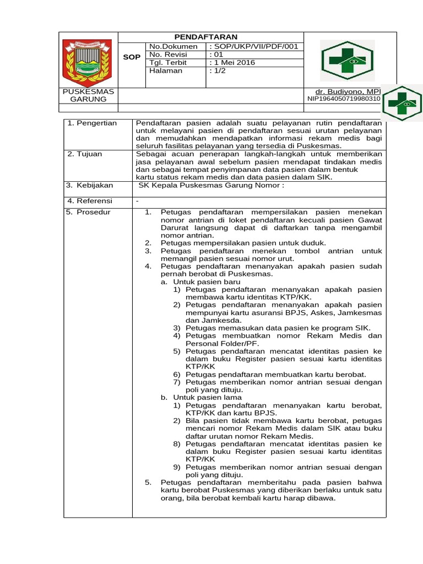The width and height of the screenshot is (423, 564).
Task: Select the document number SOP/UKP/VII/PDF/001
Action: [253, 47]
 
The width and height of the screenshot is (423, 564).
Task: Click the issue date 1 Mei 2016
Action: [232, 63]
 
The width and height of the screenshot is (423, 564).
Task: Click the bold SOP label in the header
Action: [132, 57]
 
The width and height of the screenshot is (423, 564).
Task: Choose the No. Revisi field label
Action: [169, 55]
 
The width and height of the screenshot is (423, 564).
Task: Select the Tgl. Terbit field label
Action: [168, 63]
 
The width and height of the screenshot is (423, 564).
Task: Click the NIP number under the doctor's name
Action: [343, 99]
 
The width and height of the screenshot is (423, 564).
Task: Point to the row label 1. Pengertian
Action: [92, 123]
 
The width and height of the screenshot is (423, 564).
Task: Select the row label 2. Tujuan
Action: [85, 154]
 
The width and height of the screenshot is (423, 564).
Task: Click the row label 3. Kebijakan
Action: [89, 186]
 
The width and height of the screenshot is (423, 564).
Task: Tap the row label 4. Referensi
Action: [89, 201]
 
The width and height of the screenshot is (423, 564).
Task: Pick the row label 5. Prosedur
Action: [88, 212]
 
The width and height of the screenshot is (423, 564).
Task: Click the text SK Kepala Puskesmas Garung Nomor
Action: [211, 186]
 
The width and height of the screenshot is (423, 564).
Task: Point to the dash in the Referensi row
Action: [137, 202]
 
